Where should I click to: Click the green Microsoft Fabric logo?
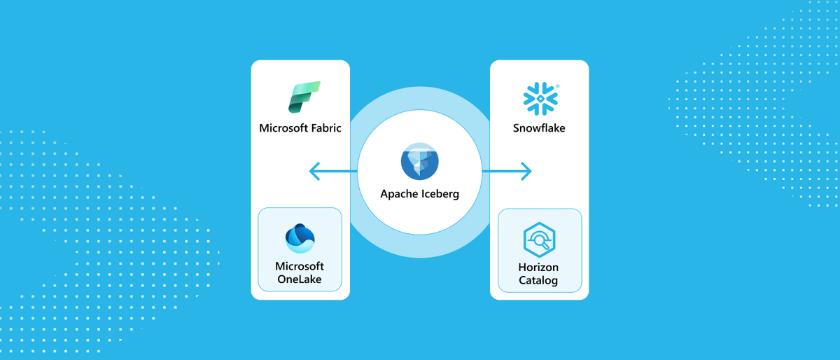click(303, 97)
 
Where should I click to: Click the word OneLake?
click(300, 279)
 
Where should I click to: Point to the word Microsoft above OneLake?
click(300, 266)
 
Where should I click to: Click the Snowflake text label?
click(539, 128)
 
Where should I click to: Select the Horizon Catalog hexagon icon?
click(539, 241)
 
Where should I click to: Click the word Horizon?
click(539, 268)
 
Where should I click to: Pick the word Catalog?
click(539, 281)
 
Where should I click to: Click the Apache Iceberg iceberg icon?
click(419, 162)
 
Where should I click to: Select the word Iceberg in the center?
click(441, 194)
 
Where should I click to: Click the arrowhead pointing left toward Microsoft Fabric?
click(314, 170)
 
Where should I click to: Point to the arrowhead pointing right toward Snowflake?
click(527, 170)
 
